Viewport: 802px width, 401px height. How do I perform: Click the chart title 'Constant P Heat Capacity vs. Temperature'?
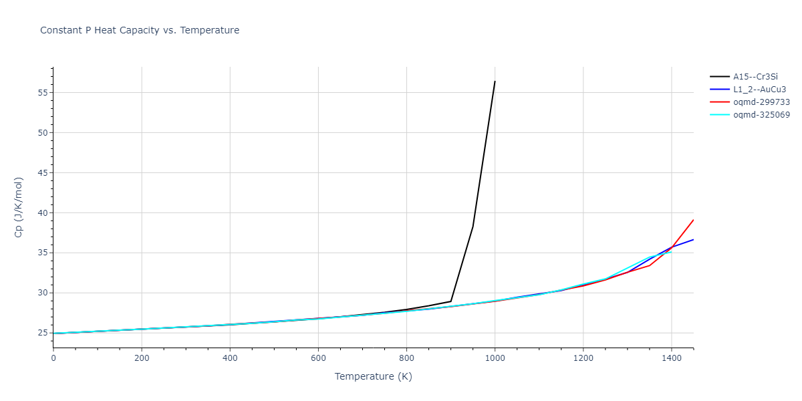click(x=140, y=30)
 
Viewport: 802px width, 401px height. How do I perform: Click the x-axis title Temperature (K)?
click(x=373, y=376)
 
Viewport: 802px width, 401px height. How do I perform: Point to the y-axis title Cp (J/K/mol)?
click(x=19, y=207)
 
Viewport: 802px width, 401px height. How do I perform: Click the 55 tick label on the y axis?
click(x=43, y=93)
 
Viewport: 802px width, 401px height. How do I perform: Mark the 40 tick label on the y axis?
click(x=43, y=213)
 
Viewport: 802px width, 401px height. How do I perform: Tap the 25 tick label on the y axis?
click(x=43, y=333)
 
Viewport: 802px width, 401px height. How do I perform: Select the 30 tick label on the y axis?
click(x=43, y=293)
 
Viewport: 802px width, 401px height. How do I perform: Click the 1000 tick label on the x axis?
click(x=495, y=359)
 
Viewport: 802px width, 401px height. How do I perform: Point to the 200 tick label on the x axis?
click(x=142, y=359)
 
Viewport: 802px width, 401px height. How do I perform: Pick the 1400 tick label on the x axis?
click(x=671, y=359)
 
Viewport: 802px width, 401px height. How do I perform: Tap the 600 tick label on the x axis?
click(x=318, y=359)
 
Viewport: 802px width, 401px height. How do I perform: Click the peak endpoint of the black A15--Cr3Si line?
click(x=495, y=82)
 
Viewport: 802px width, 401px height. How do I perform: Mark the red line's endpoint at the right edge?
click(x=693, y=220)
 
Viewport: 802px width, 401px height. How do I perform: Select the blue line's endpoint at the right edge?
click(x=693, y=239)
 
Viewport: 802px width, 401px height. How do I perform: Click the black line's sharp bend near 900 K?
click(x=451, y=301)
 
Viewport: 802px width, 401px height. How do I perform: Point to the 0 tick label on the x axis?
click(x=53, y=359)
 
